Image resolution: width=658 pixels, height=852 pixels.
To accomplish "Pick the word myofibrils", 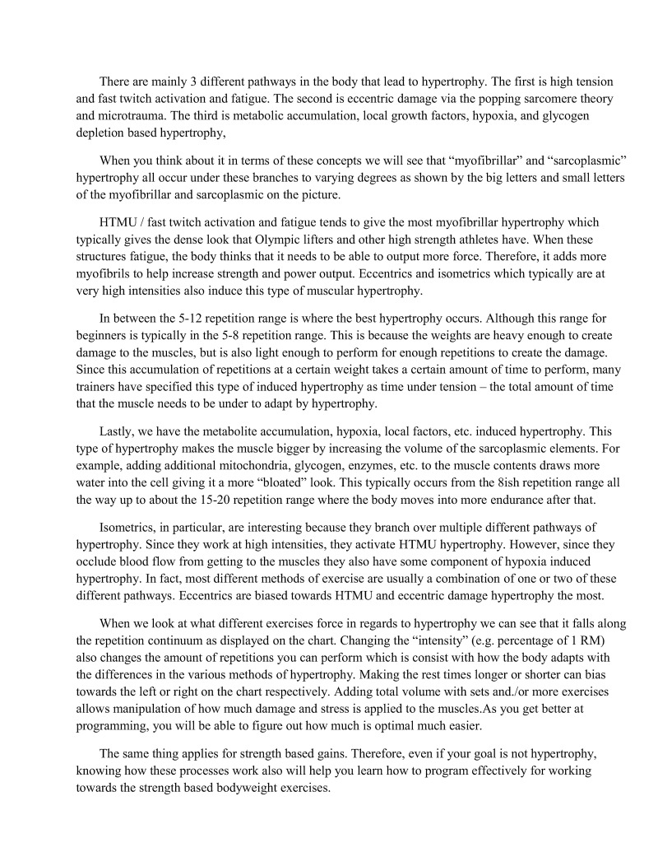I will (108, 272).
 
